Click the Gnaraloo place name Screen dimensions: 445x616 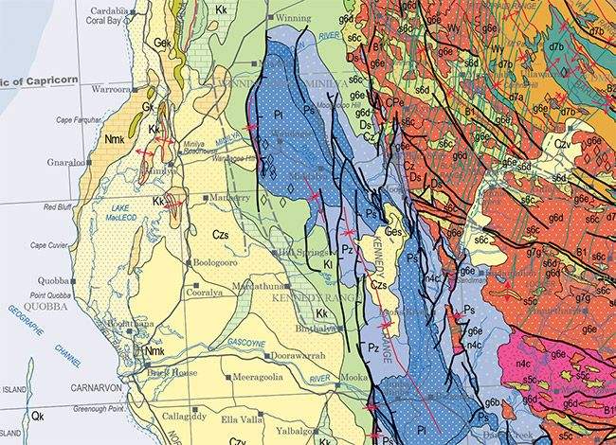pyautogui.click(x=66, y=163)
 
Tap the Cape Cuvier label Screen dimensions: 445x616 pyautogui.click(x=53, y=245)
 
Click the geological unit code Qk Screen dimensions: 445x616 pyautogui.click(x=37, y=415)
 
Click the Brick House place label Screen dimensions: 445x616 pyautogui.click(x=172, y=372)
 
